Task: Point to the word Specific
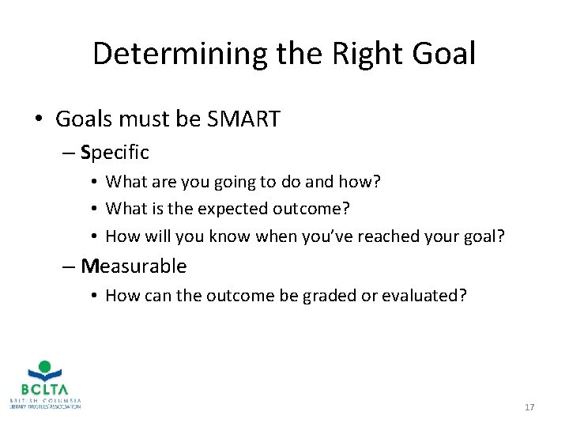pyautogui.click(x=115, y=152)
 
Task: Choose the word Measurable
pyautogui.click(x=134, y=266)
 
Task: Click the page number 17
pyautogui.click(x=529, y=407)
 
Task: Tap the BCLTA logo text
pyautogui.click(x=45, y=389)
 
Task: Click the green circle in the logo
pyautogui.click(x=45, y=367)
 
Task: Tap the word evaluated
pyautogui.click(x=424, y=297)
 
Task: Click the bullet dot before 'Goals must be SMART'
pyautogui.click(x=39, y=120)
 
